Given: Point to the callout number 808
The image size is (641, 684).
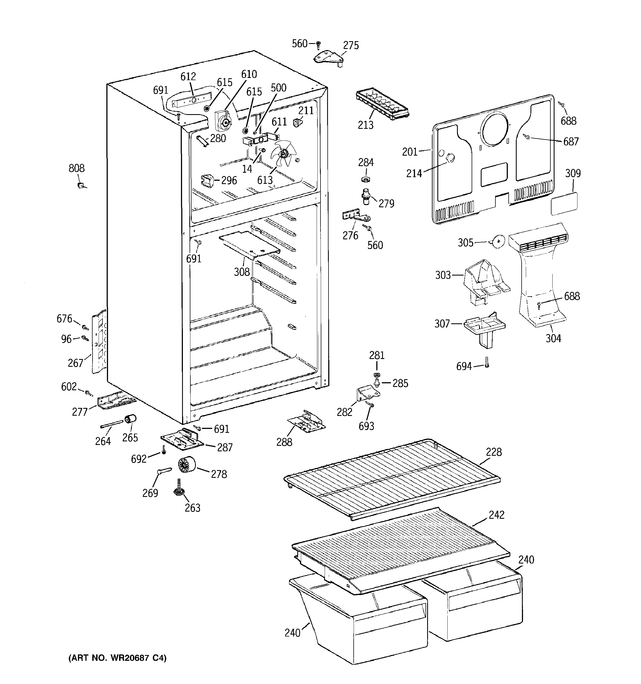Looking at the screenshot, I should click(76, 168).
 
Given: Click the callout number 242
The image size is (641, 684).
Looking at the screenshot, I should click(496, 515).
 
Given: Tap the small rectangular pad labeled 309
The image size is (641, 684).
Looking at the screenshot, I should click(564, 204).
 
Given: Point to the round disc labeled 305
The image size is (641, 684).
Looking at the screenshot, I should click(498, 242).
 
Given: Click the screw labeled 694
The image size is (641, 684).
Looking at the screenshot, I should click(487, 362).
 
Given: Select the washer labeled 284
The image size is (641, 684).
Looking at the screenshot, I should click(366, 179).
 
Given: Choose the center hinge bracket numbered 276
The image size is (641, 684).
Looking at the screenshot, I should click(356, 216).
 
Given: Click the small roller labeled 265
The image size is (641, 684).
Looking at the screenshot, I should click(130, 420).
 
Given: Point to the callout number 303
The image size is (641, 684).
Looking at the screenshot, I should click(443, 275).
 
